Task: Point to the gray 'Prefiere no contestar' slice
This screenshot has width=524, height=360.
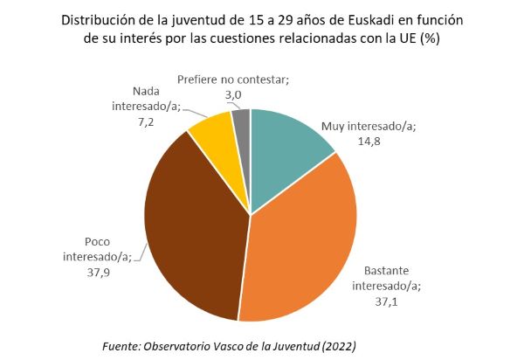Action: (242, 122)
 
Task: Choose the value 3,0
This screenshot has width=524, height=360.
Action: (232, 93)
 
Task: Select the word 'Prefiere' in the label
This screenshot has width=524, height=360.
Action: (199, 80)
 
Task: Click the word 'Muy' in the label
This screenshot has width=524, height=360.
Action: (334, 126)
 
